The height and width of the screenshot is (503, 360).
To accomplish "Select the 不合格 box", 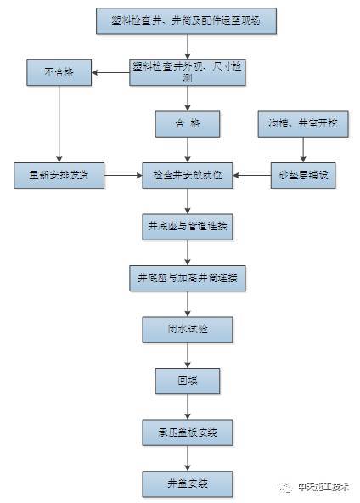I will pyautogui.click(x=59, y=72).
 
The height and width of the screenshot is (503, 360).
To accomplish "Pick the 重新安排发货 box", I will pyautogui.click(x=59, y=175).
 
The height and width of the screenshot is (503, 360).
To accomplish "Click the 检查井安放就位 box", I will pyautogui.click(x=187, y=175).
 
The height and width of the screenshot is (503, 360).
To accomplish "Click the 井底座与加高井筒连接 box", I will pyautogui.click(x=187, y=278).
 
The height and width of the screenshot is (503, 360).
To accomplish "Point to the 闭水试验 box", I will pyautogui.click(x=187, y=329).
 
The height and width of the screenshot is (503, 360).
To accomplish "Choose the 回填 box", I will pyautogui.click(x=187, y=380).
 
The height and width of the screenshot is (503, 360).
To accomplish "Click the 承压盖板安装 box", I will pyautogui.click(x=187, y=432).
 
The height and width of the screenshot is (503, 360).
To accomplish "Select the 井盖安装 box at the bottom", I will pyautogui.click(x=187, y=483).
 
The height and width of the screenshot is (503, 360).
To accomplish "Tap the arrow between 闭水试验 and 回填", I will pyautogui.click(x=187, y=354).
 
